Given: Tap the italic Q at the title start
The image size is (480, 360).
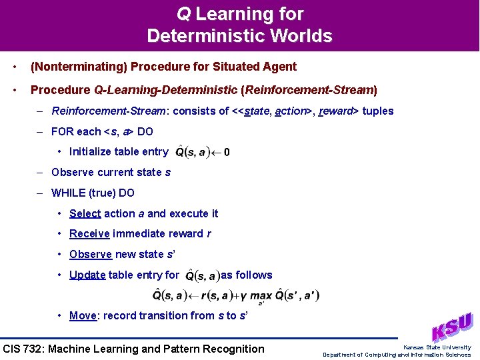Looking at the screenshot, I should pyautogui.click(x=183, y=13).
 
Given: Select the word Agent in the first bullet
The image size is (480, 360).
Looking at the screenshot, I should pyautogui.click(x=279, y=67).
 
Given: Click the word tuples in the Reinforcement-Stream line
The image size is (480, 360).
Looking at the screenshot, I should pyautogui.click(x=378, y=111).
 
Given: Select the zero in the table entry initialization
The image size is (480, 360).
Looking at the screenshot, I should pyautogui.click(x=227, y=152).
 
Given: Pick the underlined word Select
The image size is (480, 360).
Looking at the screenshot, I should pyautogui.click(x=85, y=213).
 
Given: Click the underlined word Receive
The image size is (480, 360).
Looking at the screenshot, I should pyautogui.click(x=89, y=233).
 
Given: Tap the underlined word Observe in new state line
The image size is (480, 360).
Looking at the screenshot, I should pyautogui.click(x=91, y=254).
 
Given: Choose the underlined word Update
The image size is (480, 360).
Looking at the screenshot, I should pyautogui.click(x=87, y=275).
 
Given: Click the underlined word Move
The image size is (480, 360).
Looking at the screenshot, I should pyautogui.click(x=83, y=315).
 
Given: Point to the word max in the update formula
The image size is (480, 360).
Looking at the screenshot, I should pyautogui.click(x=260, y=295).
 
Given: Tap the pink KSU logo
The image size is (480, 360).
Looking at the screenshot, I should pyautogui.click(x=452, y=327).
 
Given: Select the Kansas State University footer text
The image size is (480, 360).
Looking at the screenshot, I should pyautogui.click(x=437, y=347).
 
